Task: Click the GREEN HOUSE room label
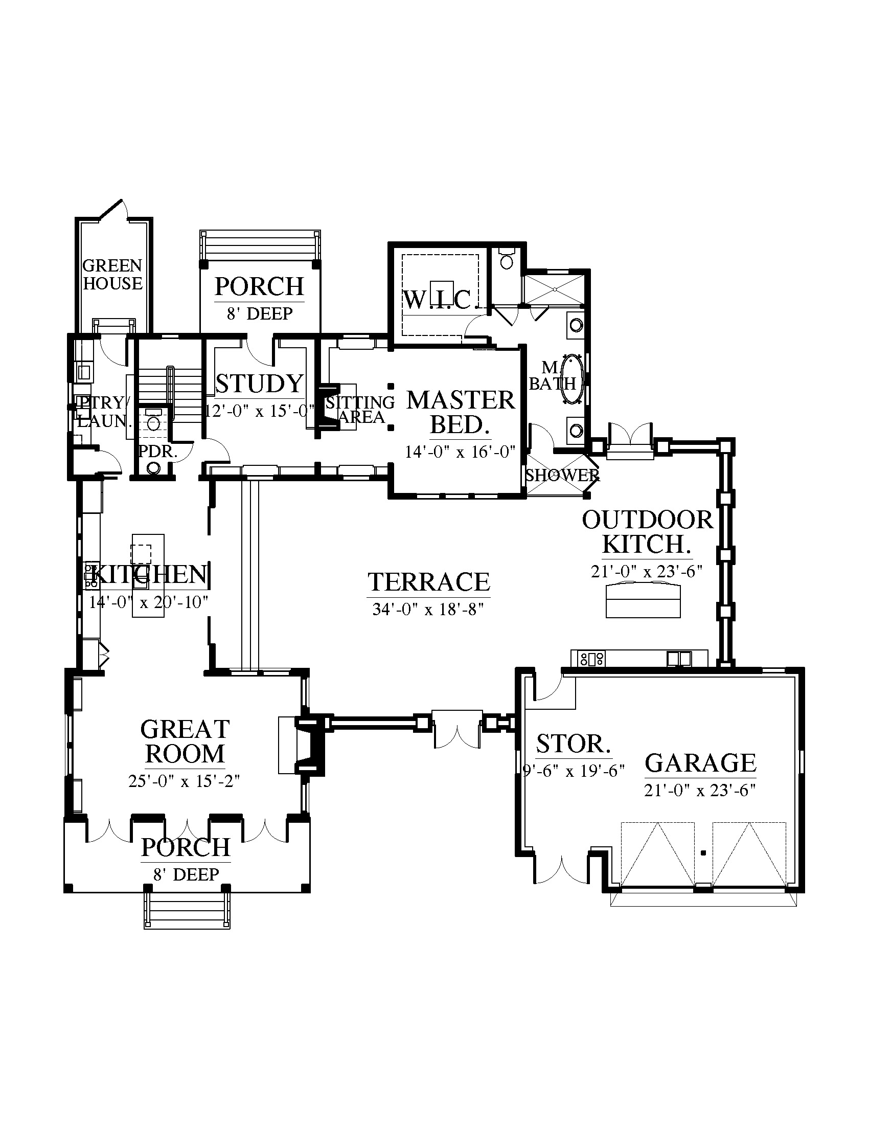pyautogui.click(x=112, y=275)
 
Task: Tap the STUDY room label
pyautogui.click(x=260, y=383)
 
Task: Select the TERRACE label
pyautogui.click(x=429, y=582)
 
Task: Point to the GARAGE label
pyautogui.click(x=700, y=763)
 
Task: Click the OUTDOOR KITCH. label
pyautogui.click(x=648, y=532)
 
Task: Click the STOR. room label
pyautogui.click(x=574, y=744)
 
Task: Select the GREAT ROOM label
pyautogui.click(x=185, y=742)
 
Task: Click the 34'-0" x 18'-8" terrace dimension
pyautogui.click(x=428, y=610)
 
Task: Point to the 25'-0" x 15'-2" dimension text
pyautogui.click(x=185, y=781)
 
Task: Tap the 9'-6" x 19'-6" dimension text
pyautogui.click(x=574, y=771)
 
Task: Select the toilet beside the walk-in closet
pyautogui.click(x=507, y=259)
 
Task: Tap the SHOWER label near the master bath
pyautogui.click(x=562, y=475)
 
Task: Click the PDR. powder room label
pyautogui.click(x=158, y=452)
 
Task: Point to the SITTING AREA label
pyautogui.click(x=360, y=410)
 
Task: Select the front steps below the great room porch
pyautogui.click(x=187, y=911)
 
